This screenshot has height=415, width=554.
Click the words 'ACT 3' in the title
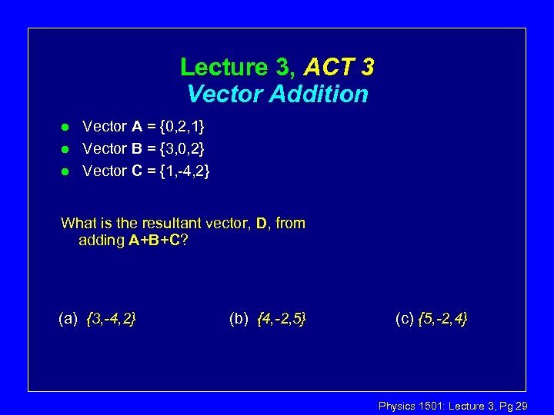339,68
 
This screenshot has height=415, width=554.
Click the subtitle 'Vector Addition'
278,95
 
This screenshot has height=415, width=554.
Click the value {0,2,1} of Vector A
178,126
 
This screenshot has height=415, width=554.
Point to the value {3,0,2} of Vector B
178,148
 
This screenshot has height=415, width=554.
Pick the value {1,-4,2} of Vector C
182,171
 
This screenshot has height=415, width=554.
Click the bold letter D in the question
262,224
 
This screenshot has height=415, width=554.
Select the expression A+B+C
155,241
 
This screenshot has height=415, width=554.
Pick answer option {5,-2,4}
442,317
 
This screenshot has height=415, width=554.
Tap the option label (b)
239,317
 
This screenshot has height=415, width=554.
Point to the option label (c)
405,317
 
